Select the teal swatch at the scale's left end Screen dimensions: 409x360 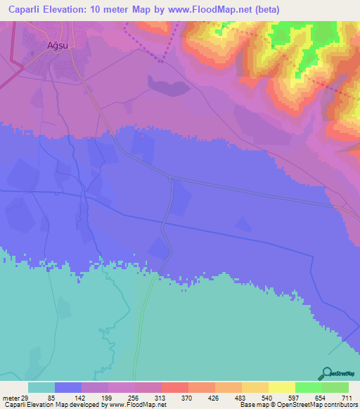[41, 387]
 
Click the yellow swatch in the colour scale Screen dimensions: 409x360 [281, 387]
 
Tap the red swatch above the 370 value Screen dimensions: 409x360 [174, 387]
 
